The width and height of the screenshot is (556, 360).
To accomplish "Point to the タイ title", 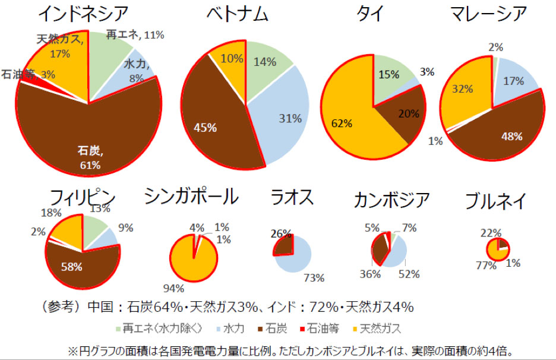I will pyautogui.click(x=372, y=13).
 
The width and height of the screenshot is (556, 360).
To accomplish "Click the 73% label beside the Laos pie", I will pyautogui.click(x=314, y=277).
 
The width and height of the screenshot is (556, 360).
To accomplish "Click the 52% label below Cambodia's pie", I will pyautogui.click(x=409, y=274).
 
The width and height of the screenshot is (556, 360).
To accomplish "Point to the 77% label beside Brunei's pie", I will pyautogui.click(x=486, y=266).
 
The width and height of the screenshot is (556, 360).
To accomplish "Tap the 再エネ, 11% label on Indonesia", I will pyautogui.click(x=135, y=35).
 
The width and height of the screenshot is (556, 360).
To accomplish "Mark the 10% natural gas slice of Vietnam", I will pyautogui.click(x=232, y=59).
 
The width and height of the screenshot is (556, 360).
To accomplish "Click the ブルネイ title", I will pyautogui.click(x=495, y=201).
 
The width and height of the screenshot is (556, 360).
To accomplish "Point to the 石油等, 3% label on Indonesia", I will pyautogui.click(x=27, y=75).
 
